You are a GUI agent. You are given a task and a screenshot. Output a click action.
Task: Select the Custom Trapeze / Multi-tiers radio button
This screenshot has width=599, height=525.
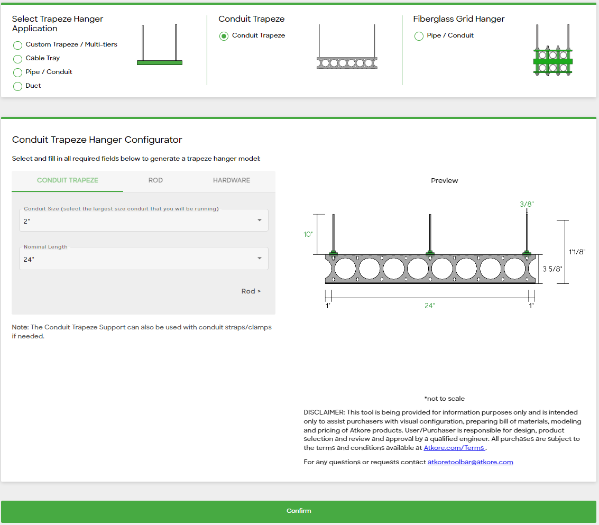pos(17,45)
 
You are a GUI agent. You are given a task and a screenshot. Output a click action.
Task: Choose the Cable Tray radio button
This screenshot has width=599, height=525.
pos(17,59)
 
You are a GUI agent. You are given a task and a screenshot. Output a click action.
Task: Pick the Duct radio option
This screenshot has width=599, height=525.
pos(17,86)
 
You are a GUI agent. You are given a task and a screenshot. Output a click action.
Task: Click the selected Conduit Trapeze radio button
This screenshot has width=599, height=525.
pos(224,36)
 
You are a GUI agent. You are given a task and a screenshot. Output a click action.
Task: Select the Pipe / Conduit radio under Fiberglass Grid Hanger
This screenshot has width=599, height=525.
pos(419,36)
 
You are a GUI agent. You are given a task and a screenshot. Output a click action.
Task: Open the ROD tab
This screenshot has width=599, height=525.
pos(155,180)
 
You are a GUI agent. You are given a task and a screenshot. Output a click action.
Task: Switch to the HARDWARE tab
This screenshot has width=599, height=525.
pos(232,180)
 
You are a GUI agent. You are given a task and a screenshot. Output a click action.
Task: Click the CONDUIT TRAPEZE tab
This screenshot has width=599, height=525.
pos(68,180)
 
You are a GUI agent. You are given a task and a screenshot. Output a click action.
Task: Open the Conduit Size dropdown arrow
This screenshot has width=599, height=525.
pos(260,220)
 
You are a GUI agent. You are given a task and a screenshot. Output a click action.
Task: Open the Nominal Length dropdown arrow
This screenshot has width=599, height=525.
pos(260,259)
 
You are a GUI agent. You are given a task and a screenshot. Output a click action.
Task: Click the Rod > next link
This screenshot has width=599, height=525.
pos(251,291)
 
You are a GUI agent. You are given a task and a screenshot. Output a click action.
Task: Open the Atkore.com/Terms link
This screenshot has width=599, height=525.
pos(454,448)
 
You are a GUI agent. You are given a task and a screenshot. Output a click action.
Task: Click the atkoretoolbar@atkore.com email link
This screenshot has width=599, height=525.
pos(470,462)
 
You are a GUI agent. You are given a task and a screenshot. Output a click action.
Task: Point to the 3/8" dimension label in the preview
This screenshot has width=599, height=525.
pos(527,204)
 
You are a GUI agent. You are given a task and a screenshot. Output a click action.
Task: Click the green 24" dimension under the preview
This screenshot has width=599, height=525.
pos(429,306)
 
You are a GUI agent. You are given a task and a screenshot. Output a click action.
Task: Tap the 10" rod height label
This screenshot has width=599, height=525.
pos(308,234)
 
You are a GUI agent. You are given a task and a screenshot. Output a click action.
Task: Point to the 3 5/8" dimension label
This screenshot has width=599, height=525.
pos(552,269)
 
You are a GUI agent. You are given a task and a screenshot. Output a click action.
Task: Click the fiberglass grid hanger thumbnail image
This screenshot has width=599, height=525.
pos(553,50)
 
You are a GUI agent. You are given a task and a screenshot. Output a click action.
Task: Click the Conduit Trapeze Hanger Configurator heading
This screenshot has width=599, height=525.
pos(97,140)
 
